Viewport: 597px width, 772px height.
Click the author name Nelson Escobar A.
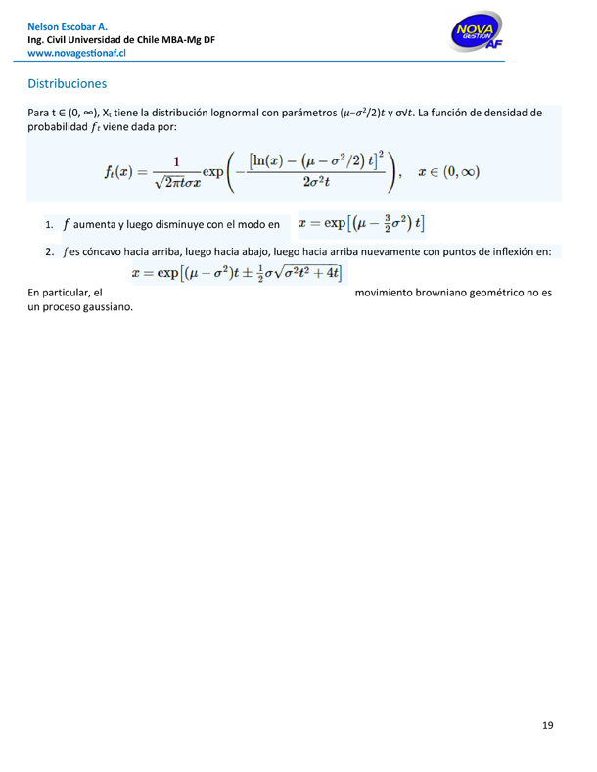coord(68,25)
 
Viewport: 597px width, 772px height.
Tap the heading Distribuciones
coord(67,84)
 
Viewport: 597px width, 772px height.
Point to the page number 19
coord(547,725)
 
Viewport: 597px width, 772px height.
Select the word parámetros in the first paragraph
coord(306,114)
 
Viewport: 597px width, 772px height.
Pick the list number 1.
coord(49,226)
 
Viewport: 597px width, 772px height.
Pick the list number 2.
coord(49,252)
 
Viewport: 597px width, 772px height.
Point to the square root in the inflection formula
coord(293,272)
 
